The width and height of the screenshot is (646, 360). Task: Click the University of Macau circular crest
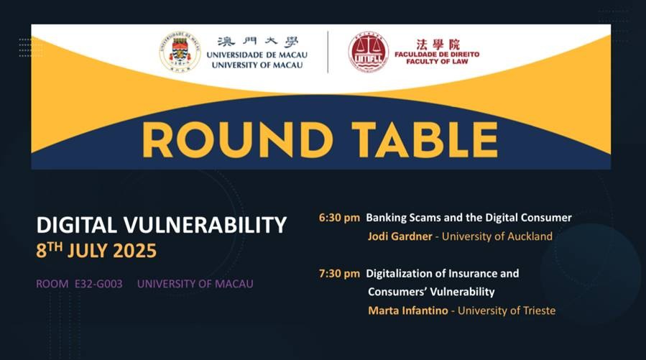click(180, 52)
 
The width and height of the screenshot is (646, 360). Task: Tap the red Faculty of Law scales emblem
click(369, 52)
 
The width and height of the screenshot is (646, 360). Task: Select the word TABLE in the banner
click(425, 140)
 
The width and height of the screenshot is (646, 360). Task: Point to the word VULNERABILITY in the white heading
click(205, 225)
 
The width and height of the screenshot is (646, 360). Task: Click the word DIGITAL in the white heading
click(76, 225)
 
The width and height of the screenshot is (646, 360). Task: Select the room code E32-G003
click(98, 284)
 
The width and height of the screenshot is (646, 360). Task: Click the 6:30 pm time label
click(339, 218)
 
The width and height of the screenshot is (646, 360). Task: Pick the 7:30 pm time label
click(339, 274)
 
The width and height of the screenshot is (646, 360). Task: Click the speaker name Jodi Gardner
click(400, 236)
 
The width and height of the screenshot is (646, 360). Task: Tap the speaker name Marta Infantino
click(408, 310)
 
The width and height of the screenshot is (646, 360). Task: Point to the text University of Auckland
click(497, 236)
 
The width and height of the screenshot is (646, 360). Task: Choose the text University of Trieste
click(507, 310)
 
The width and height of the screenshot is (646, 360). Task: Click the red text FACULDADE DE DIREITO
click(437, 54)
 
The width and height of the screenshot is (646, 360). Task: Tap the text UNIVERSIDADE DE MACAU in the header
click(257, 55)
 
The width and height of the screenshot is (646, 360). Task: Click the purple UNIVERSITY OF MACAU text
click(195, 284)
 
